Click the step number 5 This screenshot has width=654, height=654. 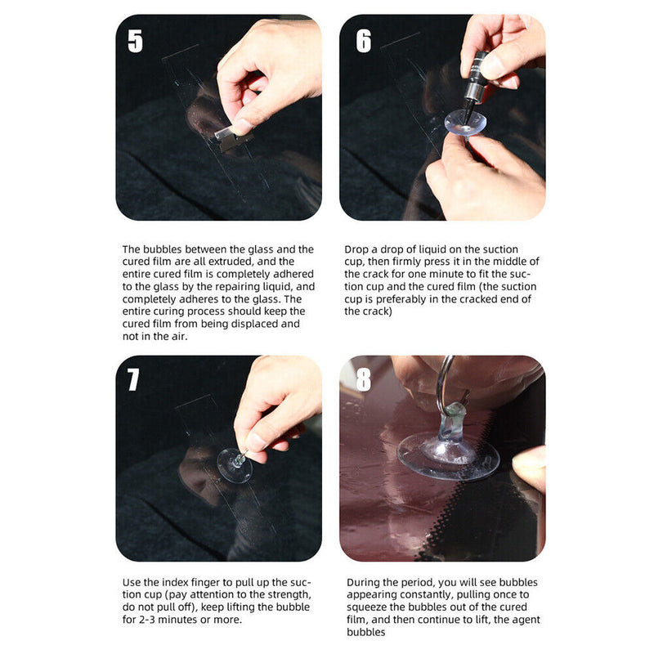point(136,41)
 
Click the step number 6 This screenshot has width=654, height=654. point(363,41)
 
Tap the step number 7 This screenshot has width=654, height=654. point(134,379)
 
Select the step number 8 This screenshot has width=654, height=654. point(363,381)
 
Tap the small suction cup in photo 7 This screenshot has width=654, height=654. point(236,463)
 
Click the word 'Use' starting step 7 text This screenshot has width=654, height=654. point(132,582)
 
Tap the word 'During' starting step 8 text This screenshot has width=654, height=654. point(362,582)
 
